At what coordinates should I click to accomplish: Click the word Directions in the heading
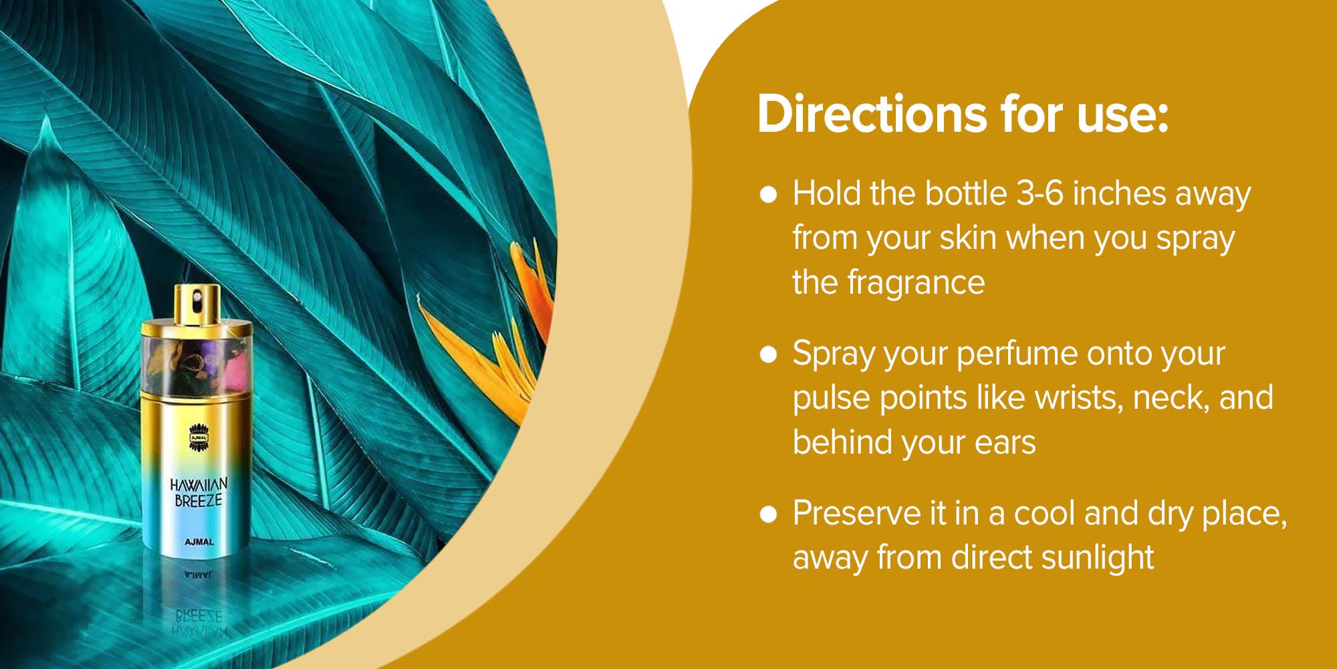pyautogui.click(x=872, y=114)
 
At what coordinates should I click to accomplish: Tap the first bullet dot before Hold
pyautogui.click(x=769, y=195)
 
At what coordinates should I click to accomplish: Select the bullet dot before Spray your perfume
pyautogui.click(x=769, y=355)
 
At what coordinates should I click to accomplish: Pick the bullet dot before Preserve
pyautogui.click(x=769, y=514)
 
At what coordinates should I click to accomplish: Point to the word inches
pyautogui.click(x=1119, y=194)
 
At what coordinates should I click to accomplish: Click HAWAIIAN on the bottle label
pyautogui.click(x=199, y=484)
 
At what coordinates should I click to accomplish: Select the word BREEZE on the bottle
pyautogui.click(x=199, y=500)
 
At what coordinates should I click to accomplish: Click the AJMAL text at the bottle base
pyautogui.click(x=199, y=542)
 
